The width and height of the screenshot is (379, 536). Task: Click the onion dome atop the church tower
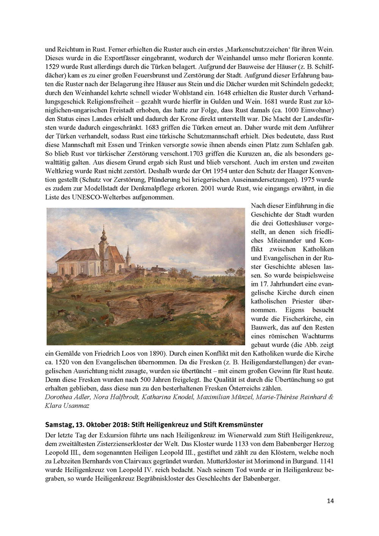102,236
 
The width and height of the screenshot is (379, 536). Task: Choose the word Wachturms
318,336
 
